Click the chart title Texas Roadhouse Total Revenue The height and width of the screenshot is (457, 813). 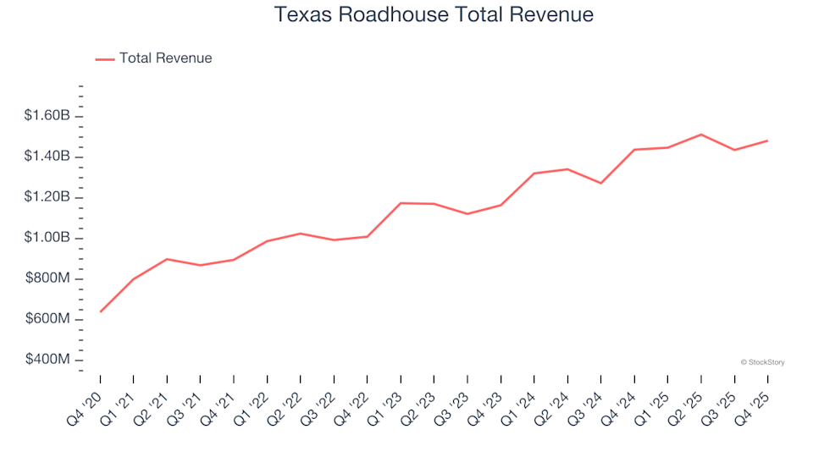coord(434,15)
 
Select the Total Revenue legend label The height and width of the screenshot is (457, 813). coord(165,58)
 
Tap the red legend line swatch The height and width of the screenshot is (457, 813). coord(105,59)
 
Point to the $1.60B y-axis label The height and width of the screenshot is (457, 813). coord(47,116)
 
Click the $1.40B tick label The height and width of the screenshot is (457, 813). coord(47,157)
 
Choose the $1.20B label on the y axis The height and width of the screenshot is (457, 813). coord(47,197)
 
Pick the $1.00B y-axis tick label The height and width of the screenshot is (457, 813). coord(47,238)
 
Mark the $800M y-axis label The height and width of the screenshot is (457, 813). coord(49,279)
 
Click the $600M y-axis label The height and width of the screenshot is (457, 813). coord(49,320)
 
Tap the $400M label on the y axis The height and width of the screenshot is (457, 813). coord(49,361)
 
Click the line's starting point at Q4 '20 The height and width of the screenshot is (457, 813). coord(101,311)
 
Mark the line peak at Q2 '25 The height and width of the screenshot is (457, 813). coord(701,135)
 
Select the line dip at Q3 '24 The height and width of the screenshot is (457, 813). coord(601,183)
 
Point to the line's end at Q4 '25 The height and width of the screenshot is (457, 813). coord(767,140)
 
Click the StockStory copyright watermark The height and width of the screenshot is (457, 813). coord(762,362)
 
